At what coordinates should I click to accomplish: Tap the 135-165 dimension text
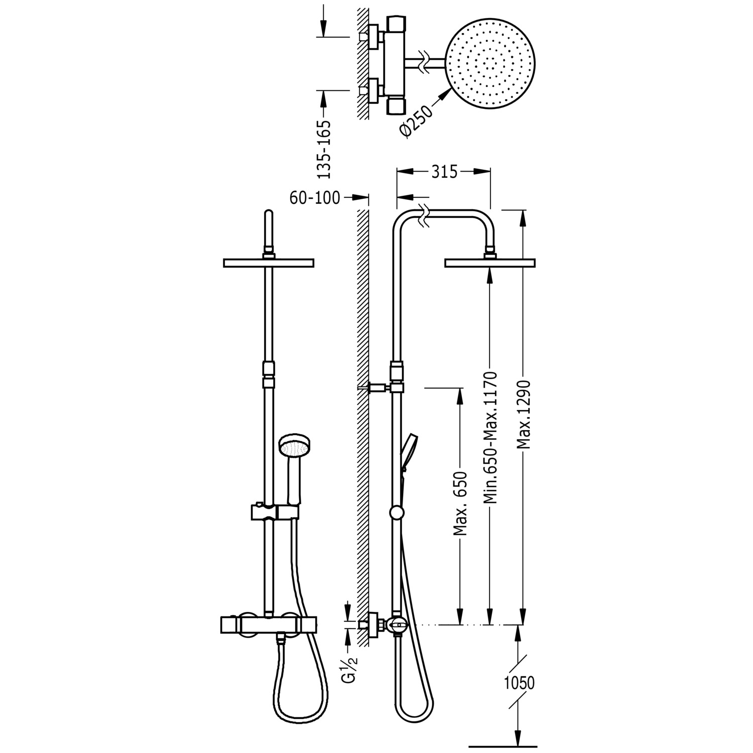(325, 149)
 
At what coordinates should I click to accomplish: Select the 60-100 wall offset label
(315, 198)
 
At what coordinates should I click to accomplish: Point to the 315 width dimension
(444, 172)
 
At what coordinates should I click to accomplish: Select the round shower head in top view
(490, 65)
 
